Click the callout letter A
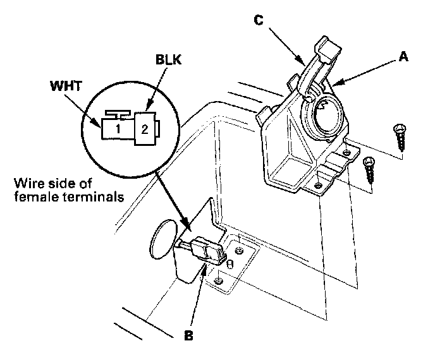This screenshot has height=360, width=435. point(403,56)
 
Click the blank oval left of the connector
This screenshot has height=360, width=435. point(162,239)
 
